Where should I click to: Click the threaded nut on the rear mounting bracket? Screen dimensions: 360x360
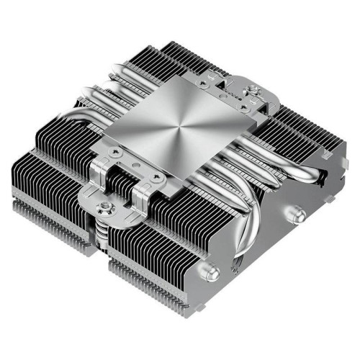coord(253,93)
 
